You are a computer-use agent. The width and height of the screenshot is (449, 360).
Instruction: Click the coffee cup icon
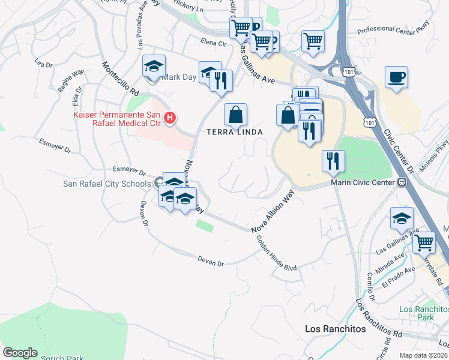[x=397, y=77]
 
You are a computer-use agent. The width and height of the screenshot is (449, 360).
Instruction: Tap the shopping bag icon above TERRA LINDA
[x=236, y=113]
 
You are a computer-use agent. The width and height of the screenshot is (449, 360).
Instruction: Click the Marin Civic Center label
[x=363, y=182]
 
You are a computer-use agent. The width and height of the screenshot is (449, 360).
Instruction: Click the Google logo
[x=20, y=353]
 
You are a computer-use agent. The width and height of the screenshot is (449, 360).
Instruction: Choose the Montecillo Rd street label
[x=120, y=79]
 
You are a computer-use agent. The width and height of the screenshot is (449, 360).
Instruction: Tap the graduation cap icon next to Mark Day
[x=154, y=66]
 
